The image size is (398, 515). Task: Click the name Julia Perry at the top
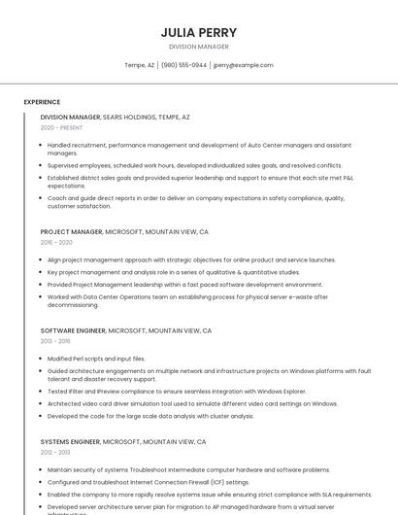(x=198, y=32)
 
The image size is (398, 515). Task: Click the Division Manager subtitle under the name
(x=198, y=47)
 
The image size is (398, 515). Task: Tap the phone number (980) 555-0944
(x=183, y=65)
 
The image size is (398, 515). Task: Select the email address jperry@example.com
(x=243, y=65)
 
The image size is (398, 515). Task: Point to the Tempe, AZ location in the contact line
(x=139, y=65)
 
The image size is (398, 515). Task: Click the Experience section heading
(x=42, y=102)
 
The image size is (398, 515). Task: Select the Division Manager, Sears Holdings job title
(x=115, y=117)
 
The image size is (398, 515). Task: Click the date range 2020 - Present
(x=61, y=127)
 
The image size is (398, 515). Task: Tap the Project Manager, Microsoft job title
(x=124, y=232)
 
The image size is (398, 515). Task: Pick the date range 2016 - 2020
(x=56, y=243)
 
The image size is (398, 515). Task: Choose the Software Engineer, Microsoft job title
(x=126, y=330)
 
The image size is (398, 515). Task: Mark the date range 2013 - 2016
(x=55, y=341)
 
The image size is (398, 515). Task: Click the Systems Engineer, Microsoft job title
(x=123, y=441)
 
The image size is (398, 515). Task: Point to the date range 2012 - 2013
(x=55, y=452)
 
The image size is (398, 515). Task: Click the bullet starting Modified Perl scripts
(x=96, y=359)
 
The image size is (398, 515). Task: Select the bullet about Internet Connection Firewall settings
(x=149, y=481)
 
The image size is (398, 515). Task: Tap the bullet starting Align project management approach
(x=191, y=260)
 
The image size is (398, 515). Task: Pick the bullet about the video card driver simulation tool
(x=192, y=403)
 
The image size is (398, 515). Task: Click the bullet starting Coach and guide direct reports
(x=195, y=201)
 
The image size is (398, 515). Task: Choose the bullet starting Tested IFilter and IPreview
(x=177, y=392)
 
